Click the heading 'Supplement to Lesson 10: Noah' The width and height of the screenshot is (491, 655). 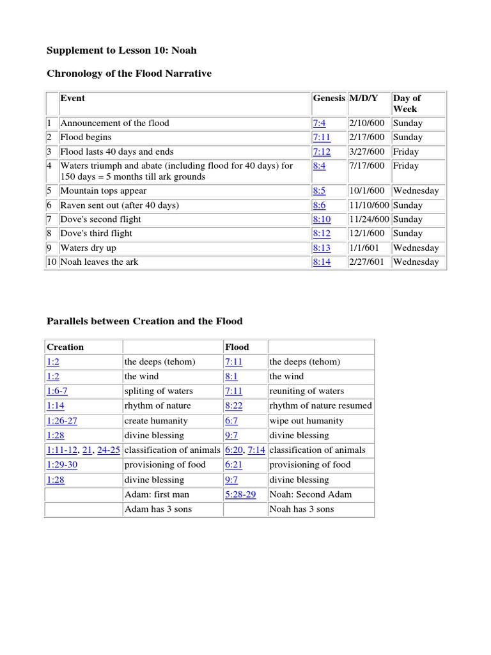[122, 50]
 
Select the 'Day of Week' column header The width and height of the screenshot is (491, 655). [407, 104]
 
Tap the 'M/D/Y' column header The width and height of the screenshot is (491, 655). [363, 99]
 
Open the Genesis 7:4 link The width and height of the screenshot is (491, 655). [319, 123]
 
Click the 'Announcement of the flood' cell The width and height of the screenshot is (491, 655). [115, 123]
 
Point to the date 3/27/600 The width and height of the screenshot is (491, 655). [367, 152]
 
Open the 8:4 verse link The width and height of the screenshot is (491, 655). [319, 166]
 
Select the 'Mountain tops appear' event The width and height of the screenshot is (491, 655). [104, 191]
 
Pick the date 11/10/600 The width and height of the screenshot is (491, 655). [369, 205]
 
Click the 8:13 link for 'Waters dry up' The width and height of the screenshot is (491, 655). [322, 248]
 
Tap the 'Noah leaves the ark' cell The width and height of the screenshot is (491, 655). [99, 262]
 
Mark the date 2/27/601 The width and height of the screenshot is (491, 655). [367, 262]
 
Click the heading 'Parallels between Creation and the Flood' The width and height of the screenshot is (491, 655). [144, 321]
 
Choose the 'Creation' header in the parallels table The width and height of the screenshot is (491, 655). [65, 347]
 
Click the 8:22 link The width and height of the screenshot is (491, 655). [233, 406]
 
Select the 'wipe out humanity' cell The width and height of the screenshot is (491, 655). [306, 421]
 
